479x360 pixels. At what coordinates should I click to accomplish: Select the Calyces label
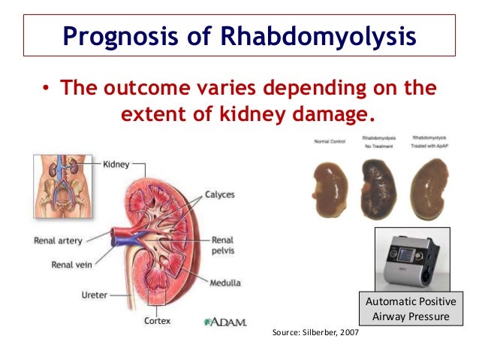pos(219,195)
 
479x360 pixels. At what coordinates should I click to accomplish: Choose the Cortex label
pos(158,321)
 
